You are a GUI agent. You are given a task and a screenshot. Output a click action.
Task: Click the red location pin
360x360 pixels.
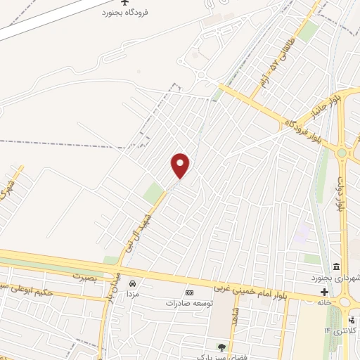coord(181,165)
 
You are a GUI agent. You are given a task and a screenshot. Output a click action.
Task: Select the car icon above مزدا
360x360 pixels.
coord(132,283)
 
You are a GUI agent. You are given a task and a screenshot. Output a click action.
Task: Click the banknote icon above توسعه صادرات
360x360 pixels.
coord(188,292)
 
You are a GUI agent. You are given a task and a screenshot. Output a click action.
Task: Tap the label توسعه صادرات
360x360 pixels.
coord(189,303)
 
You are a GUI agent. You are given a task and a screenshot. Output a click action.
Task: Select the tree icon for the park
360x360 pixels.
coord(222,346)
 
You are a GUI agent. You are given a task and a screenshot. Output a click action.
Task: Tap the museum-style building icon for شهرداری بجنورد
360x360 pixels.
coord(337,267)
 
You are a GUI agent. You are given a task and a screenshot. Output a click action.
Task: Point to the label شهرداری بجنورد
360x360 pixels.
coord(335,278)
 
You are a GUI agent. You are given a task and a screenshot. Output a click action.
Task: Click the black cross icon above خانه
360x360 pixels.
coord(323,292)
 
